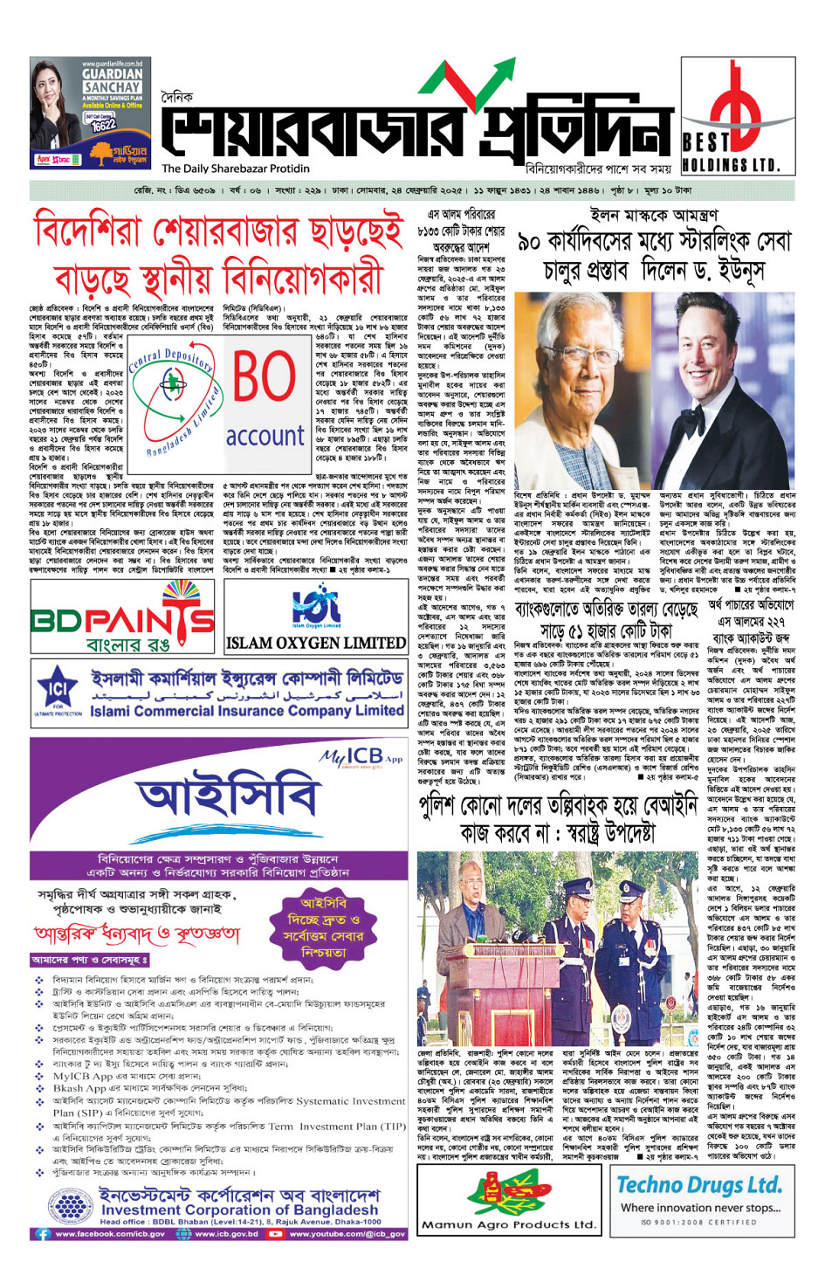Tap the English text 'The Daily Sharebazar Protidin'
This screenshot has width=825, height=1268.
tap(236, 169)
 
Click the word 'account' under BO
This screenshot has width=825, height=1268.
tap(265, 435)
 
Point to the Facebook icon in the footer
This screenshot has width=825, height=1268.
tap(42, 1234)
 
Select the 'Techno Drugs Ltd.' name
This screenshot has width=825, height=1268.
tap(698, 1185)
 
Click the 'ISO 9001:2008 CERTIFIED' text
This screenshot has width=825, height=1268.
tap(698, 1222)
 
